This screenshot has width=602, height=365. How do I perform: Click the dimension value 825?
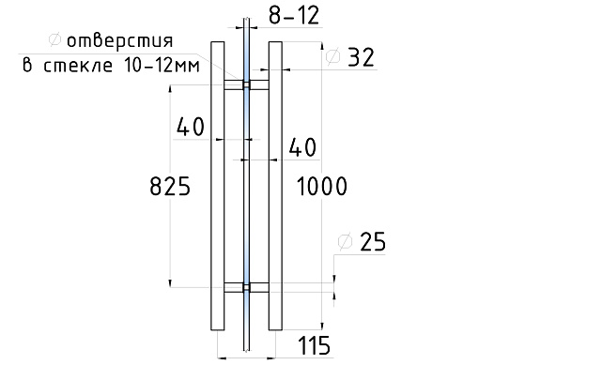170,186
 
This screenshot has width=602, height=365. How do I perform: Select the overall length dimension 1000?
322,187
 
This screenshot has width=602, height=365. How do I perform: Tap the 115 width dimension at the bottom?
314,345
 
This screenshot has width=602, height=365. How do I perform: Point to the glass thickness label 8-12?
294,16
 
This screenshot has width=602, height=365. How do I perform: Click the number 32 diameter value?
361,58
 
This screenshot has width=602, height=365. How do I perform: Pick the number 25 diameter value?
373,242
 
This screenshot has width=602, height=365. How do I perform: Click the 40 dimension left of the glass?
191,127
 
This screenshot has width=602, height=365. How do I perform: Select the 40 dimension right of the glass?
302,147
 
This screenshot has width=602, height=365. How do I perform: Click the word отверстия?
120,40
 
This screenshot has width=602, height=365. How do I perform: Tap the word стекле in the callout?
78,66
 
